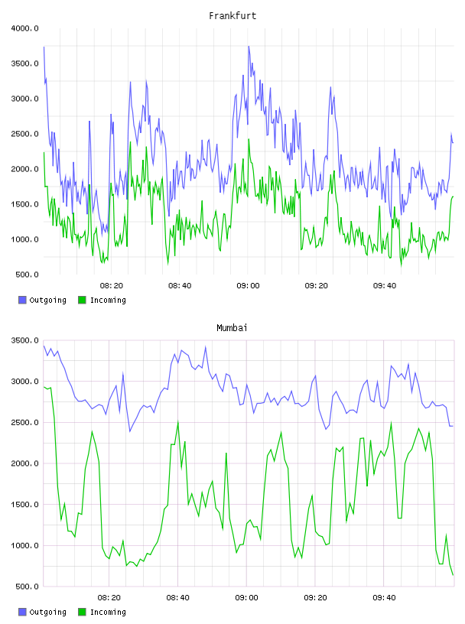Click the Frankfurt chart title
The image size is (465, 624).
(232, 16)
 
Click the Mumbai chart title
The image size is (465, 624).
(232, 328)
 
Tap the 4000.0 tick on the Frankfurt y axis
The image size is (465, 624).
(24, 28)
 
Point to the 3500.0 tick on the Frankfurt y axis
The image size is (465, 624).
(24, 63)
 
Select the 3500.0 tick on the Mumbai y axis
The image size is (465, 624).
(24, 340)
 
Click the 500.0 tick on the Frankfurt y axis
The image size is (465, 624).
(27, 275)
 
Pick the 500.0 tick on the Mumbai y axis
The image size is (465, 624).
(27, 587)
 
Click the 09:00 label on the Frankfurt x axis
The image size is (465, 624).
(248, 286)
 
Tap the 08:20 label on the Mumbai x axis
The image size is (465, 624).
(109, 598)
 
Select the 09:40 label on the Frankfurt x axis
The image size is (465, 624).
(385, 286)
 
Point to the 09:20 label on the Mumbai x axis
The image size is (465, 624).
(315, 598)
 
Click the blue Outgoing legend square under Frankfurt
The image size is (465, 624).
(22, 300)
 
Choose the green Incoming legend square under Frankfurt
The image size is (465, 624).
(82, 300)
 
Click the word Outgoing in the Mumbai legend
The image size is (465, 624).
(47, 612)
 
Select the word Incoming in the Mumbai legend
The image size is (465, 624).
(108, 612)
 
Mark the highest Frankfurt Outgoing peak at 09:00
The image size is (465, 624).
(249, 46)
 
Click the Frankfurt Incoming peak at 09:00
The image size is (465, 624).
(249, 139)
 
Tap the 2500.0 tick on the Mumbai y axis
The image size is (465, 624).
(24, 423)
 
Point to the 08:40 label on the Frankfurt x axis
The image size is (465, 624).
(180, 286)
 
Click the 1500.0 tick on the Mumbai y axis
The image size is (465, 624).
(24, 505)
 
